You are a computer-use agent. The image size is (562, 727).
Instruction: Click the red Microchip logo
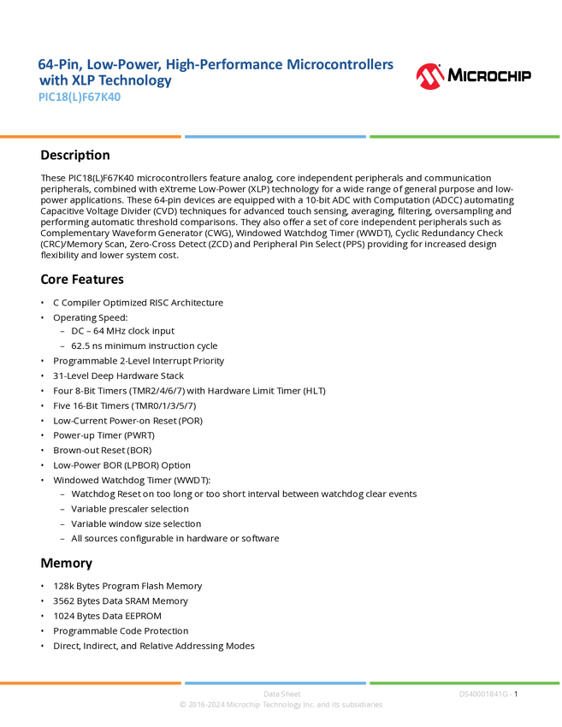[x=430, y=77]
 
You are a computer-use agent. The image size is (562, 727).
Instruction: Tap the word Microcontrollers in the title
[x=341, y=64]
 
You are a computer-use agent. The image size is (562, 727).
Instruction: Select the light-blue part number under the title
[x=80, y=98]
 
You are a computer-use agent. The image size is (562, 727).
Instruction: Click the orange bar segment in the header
[x=91, y=136]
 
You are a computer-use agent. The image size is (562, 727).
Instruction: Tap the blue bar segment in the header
[x=275, y=136]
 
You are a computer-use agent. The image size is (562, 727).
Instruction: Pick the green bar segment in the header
[x=464, y=136]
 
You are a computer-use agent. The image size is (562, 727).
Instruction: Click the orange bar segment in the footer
[x=91, y=683]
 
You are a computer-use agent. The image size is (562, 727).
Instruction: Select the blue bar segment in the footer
[x=275, y=683]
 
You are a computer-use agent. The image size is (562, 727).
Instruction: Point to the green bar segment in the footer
[x=464, y=683]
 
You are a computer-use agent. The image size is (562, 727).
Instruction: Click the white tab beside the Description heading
[x=21, y=155]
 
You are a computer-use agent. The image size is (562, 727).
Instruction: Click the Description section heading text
[x=76, y=157]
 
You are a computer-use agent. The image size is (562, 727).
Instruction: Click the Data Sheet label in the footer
[x=276, y=694]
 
